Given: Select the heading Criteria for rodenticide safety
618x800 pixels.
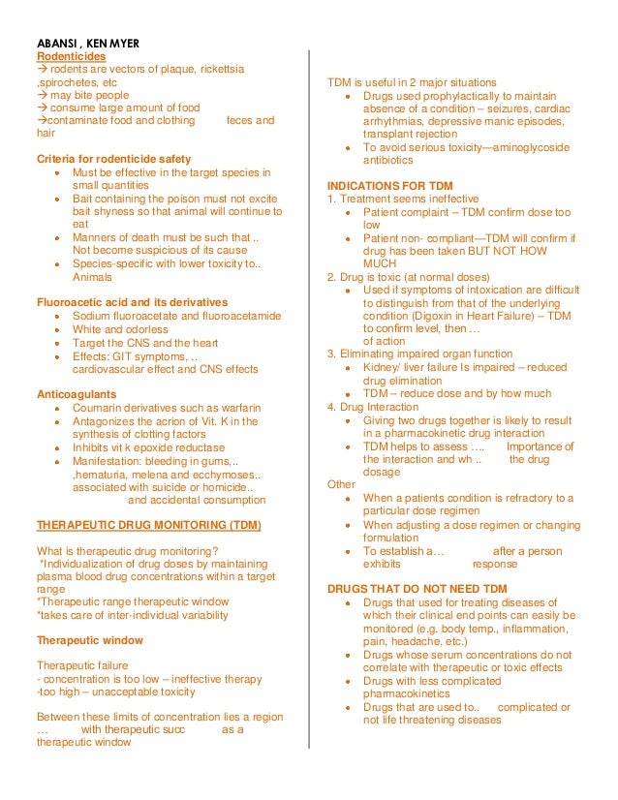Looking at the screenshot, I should point(113,159).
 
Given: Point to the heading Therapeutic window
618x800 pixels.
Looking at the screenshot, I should point(89,640).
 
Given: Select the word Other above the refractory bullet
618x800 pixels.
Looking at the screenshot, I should point(342,484).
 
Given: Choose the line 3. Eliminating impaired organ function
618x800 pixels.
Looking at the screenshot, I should point(420,354).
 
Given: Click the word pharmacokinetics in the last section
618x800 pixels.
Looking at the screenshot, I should point(417,694).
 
